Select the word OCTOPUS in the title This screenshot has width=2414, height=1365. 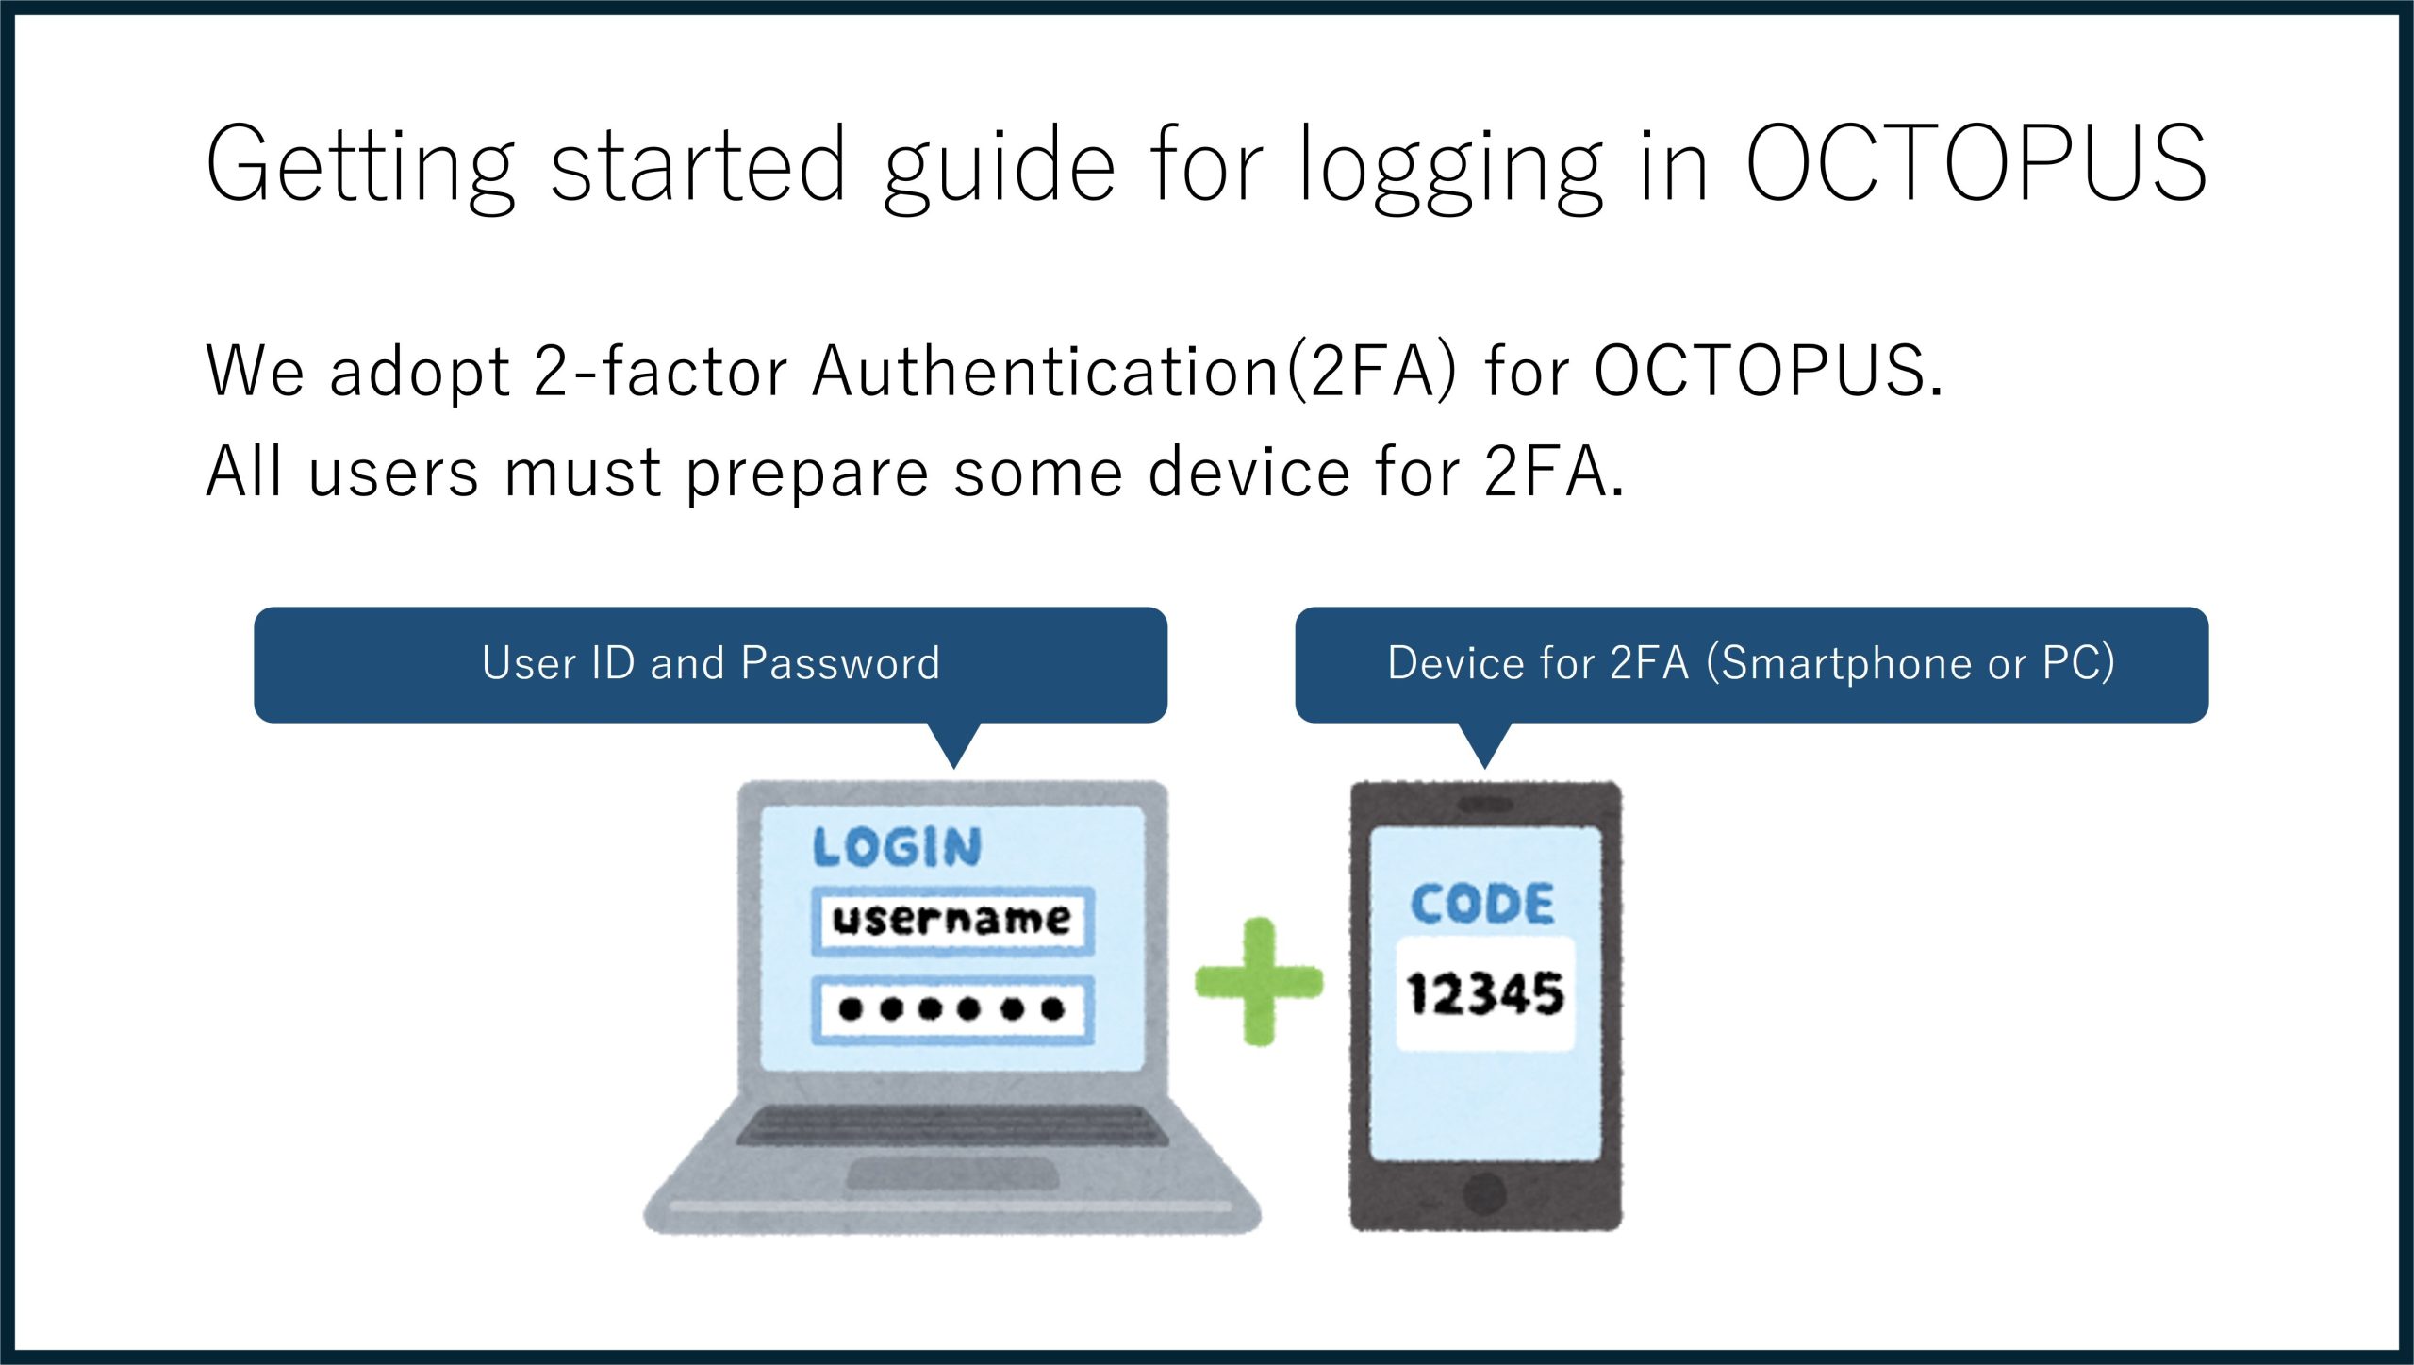[1976, 163]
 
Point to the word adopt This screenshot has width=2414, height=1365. [420, 373]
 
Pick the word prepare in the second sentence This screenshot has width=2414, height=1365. [807, 474]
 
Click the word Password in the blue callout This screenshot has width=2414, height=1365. [840, 662]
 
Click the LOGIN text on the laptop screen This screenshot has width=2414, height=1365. [897, 846]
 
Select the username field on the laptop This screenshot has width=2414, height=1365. [952, 920]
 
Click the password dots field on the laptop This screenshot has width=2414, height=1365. [952, 1009]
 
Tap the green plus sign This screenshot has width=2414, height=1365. [1259, 982]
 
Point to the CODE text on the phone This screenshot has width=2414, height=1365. [1482, 904]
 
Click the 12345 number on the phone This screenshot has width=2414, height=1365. [1485, 993]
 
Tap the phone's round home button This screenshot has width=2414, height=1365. [1484, 1193]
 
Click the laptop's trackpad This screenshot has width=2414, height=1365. [952, 1174]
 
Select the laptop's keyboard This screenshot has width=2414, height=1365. [952, 1124]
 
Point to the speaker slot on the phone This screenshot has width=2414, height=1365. [1485, 805]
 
